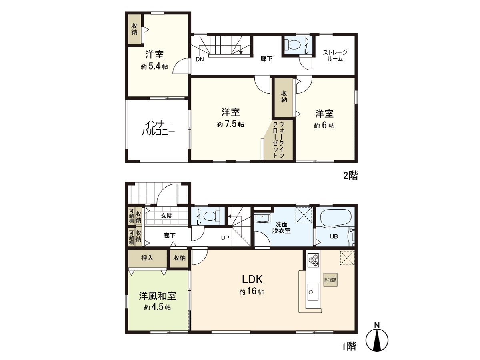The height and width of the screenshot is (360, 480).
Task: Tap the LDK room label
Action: click(x=251, y=279)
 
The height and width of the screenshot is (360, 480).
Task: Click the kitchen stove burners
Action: click(x=313, y=260)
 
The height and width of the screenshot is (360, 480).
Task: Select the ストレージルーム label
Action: click(x=335, y=55)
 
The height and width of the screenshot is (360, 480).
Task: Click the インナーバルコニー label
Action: click(x=158, y=128)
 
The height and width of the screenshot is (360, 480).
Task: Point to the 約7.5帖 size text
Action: click(x=230, y=125)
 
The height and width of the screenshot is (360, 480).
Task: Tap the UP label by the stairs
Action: click(x=225, y=238)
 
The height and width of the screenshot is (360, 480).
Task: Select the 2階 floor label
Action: click(x=350, y=175)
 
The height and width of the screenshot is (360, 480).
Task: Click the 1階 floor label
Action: click(x=349, y=346)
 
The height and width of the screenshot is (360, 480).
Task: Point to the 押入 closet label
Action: click(x=147, y=258)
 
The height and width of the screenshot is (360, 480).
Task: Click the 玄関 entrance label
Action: click(x=167, y=216)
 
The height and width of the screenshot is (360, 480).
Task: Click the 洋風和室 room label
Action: click(x=158, y=296)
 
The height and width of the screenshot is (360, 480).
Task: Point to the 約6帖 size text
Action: click(x=324, y=125)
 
